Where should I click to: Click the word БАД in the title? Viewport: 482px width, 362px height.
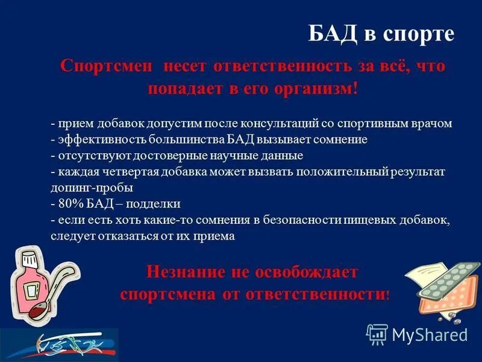coord(333,34)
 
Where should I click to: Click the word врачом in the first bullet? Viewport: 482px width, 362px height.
coord(431,124)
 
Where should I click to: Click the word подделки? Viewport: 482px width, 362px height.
coord(154,203)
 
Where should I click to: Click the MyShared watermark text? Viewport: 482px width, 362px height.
coord(430,334)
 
